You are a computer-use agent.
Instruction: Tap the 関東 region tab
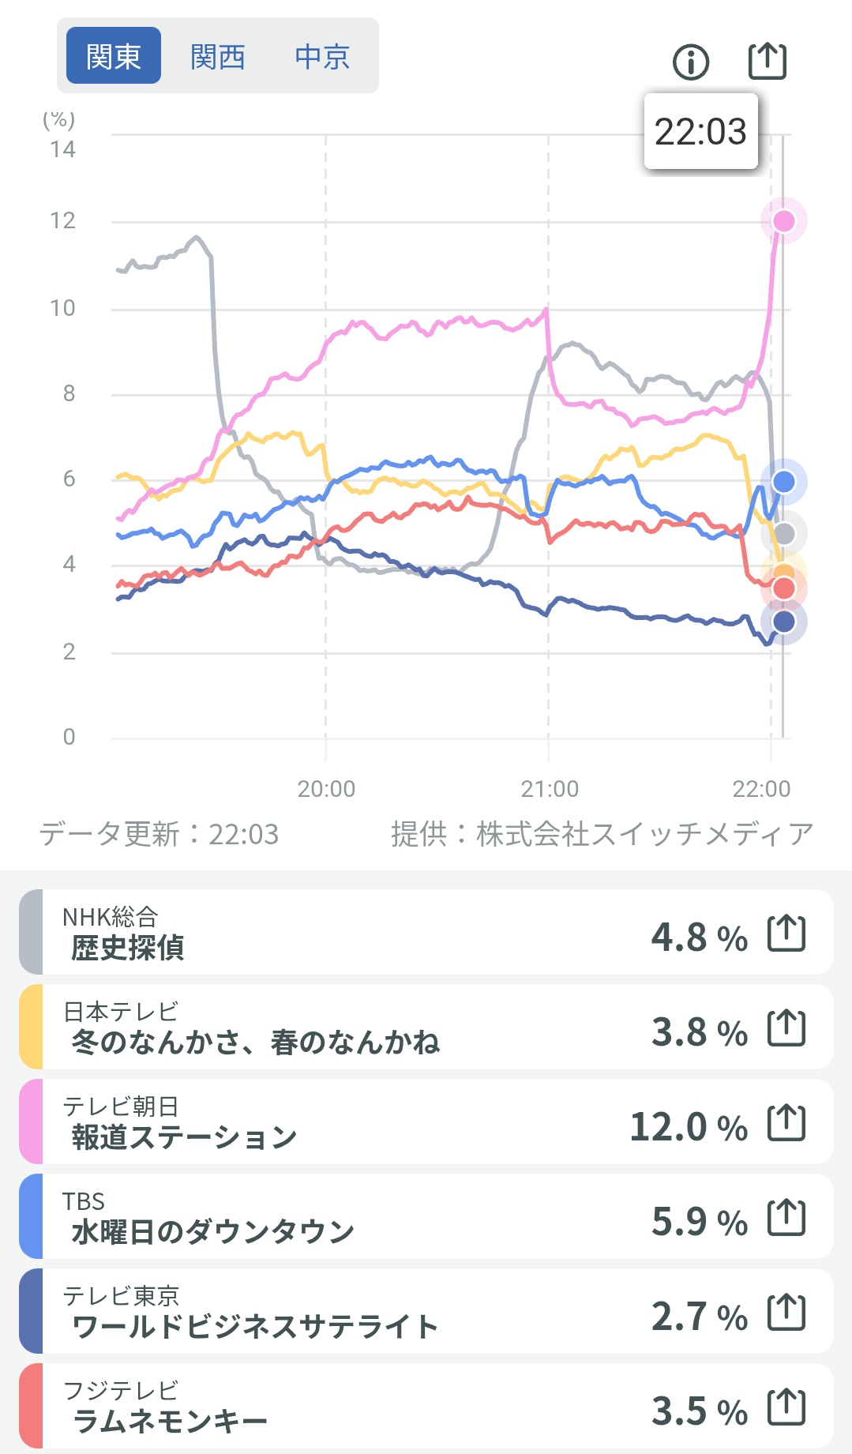pyautogui.click(x=113, y=56)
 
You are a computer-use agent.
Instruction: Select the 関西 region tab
pyautogui.click(x=218, y=56)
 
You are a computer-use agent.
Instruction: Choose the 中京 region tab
pyautogui.click(x=322, y=56)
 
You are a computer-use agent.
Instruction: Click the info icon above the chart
pyautogui.click(x=691, y=62)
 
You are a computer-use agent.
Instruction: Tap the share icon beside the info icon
pyautogui.click(x=767, y=61)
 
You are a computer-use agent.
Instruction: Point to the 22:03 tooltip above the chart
pyautogui.click(x=700, y=131)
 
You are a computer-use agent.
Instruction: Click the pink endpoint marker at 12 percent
pyautogui.click(x=783, y=220)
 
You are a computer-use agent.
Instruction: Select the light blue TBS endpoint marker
pyautogui.click(x=783, y=481)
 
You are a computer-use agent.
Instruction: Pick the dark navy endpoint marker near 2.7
pyautogui.click(x=783, y=622)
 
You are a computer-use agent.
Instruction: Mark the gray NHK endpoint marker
pyautogui.click(x=783, y=534)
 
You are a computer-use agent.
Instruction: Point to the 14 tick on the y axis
pyautogui.click(x=62, y=149)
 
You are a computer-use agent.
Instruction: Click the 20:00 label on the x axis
pyautogui.click(x=326, y=788)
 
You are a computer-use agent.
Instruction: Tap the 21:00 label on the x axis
pyautogui.click(x=550, y=788)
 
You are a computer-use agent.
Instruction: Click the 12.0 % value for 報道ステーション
pyautogui.click(x=688, y=1126)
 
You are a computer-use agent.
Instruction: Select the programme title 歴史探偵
pyautogui.click(x=128, y=947)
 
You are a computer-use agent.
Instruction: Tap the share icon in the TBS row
pyautogui.click(x=786, y=1218)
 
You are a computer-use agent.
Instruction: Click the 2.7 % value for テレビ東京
pyautogui.click(x=699, y=1316)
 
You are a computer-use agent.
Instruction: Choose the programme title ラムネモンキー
pyautogui.click(x=170, y=1422)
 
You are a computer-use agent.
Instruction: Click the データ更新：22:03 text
pyautogui.click(x=160, y=834)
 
